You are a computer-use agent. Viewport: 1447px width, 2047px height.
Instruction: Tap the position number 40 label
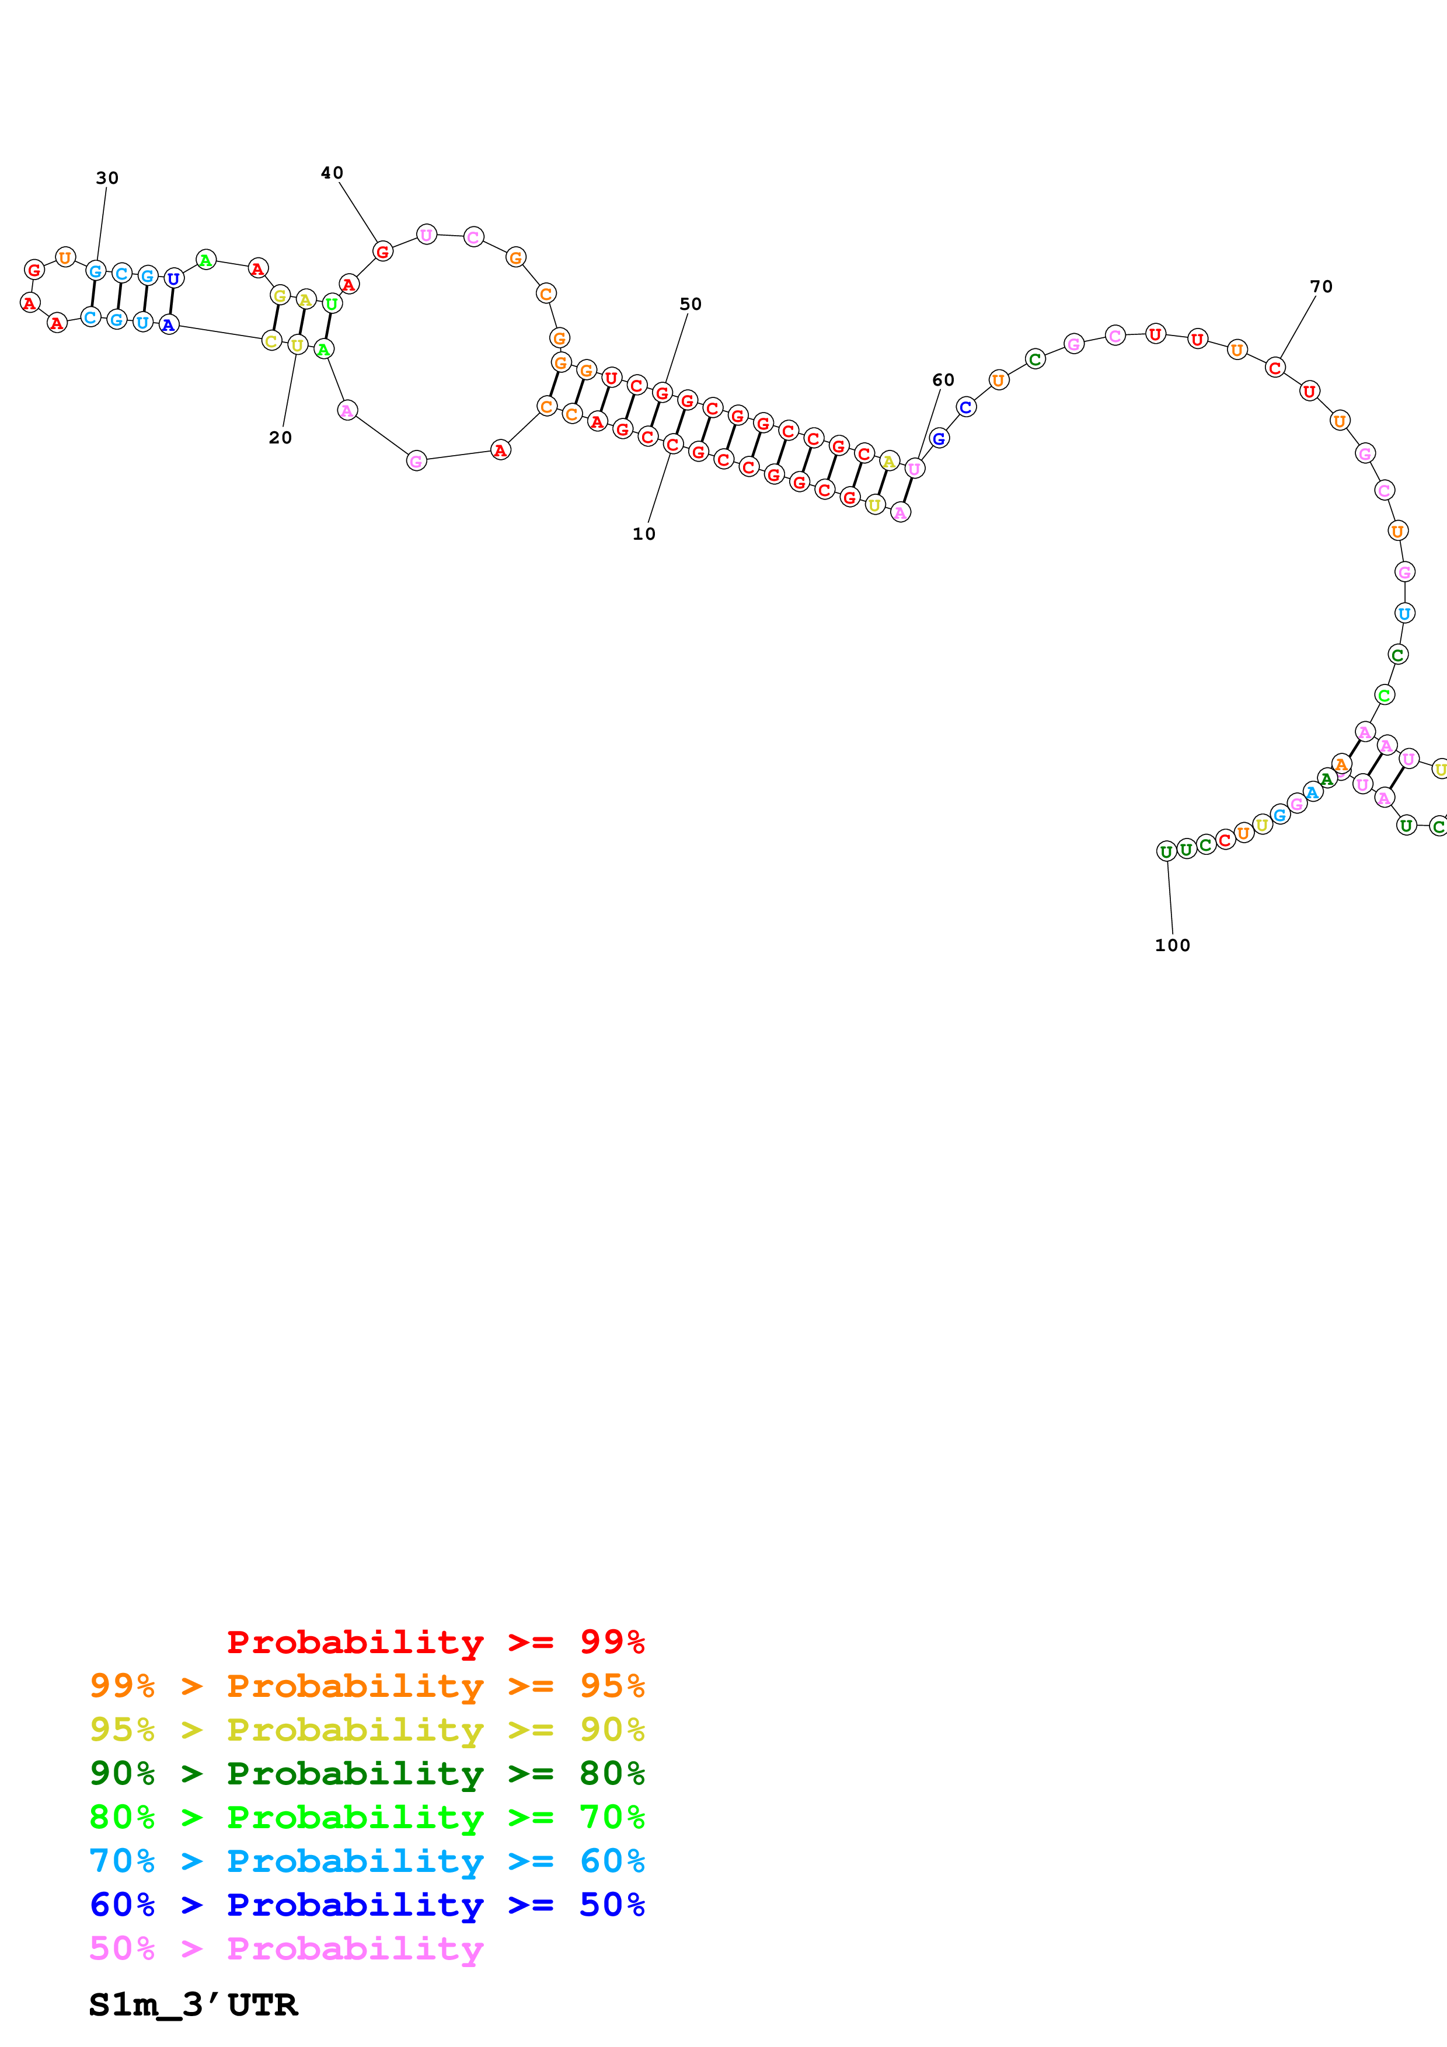332,173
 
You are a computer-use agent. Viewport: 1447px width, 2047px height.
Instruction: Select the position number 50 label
690,304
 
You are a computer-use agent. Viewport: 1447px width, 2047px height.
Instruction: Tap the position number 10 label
644,534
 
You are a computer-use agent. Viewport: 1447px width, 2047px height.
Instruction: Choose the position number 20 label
280,438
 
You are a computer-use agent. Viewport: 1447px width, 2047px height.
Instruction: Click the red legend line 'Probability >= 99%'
435,1641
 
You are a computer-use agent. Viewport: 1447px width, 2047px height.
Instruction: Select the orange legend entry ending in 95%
367,1685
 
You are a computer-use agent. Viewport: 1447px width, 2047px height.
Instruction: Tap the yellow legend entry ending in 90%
367,1729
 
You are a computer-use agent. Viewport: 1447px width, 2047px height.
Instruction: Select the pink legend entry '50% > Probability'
286,1947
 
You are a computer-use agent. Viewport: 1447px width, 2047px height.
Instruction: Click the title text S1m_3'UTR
193,2005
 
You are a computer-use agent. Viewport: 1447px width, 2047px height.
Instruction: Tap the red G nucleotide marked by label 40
382,251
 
